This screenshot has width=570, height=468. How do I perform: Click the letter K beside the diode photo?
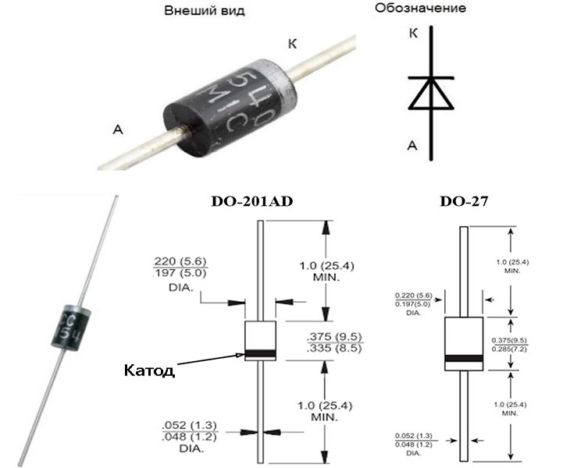coord(292,44)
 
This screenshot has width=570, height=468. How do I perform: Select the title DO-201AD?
coord(250,202)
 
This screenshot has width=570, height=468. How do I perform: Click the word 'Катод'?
coord(148,370)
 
